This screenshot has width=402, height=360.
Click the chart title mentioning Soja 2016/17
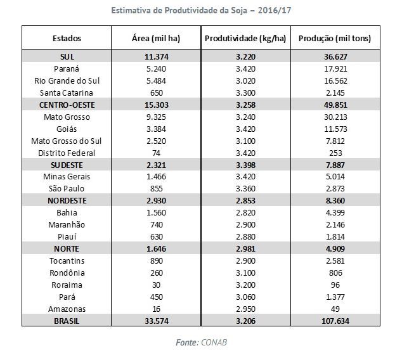pyautogui.click(x=201, y=11)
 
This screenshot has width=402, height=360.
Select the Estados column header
pyautogui.click(x=67, y=39)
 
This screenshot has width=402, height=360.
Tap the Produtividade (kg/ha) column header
pyautogui.click(x=245, y=39)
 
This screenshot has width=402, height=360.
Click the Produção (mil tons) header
pyautogui.click(x=335, y=39)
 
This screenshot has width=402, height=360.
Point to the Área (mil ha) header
pyautogui.click(x=156, y=39)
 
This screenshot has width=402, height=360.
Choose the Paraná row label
pyautogui.click(x=67, y=68)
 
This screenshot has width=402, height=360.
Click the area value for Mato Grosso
pyautogui.click(x=156, y=117)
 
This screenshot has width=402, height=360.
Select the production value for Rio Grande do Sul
pyautogui.click(x=335, y=80)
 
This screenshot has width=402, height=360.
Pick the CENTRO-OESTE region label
pyautogui.click(x=67, y=105)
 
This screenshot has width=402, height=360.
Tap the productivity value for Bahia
pyautogui.click(x=245, y=213)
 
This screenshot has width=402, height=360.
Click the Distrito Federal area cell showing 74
pyautogui.click(x=156, y=153)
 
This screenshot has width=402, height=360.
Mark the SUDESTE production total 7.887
pyautogui.click(x=335, y=165)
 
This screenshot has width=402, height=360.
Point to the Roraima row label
pyautogui.click(x=67, y=285)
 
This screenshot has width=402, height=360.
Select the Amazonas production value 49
pyautogui.click(x=335, y=309)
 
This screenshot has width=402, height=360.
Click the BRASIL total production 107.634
pyautogui.click(x=335, y=321)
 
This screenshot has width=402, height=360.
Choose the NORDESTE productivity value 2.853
pyautogui.click(x=245, y=201)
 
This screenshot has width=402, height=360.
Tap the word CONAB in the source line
pyautogui.click(x=214, y=343)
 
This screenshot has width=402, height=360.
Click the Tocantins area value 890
pyautogui.click(x=157, y=261)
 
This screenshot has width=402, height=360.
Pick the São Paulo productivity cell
pyautogui.click(x=245, y=189)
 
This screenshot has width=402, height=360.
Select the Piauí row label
pyautogui.click(x=67, y=236)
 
